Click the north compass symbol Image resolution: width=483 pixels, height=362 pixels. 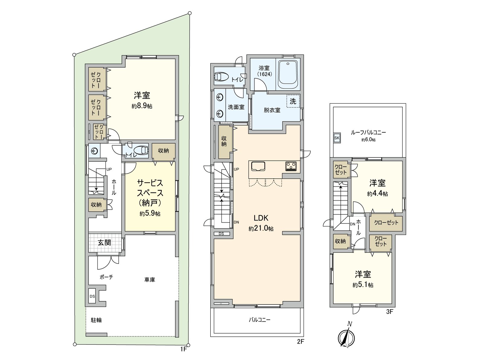pyautogui.click(x=346, y=337)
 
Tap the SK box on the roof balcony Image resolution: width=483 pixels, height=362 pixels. pyautogui.click(x=337, y=138)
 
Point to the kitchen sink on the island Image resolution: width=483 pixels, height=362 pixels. pyautogui.click(x=258, y=166)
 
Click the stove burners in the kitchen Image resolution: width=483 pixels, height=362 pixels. pyautogui.click(x=291, y=166)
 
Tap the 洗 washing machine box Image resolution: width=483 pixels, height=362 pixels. pyautogui.click(x=293, y=101)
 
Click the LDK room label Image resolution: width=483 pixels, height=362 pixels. pyautogui.click(x=261, y=218)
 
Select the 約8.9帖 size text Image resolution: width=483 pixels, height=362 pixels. pyautogui.click(x=142, y=106)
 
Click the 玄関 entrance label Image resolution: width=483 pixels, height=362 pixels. pyautogui.click(x=104, y=243)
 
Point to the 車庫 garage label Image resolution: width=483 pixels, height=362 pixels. pyautogui.click(x=149, y=280)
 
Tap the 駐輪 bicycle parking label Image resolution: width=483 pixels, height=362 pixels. pyautogui.click(x=96, y=320)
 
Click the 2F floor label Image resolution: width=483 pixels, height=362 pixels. pyautogui.click(x=300, y=341)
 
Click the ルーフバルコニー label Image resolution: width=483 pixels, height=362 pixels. pyautogui.click(x=368, y=132)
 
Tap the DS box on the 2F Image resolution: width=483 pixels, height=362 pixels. pyautogui.click(x=221, y=233)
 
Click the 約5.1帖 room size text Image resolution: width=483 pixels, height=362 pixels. pyautogui.click(x=363, y=285)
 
